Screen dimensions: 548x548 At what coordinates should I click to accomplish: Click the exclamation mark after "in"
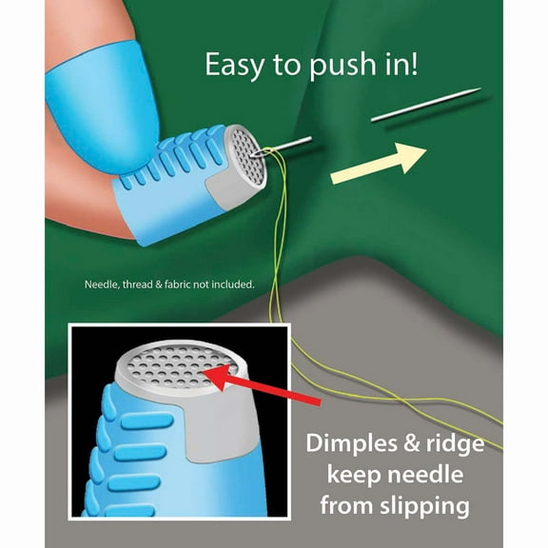[414, 63]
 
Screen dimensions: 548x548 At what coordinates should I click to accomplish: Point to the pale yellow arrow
[379, 163]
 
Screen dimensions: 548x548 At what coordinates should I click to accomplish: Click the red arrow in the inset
[262, 383]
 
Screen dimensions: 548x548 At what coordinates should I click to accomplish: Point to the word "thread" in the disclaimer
[137, 284]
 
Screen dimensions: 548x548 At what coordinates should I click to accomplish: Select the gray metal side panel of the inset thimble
[217, 430]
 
